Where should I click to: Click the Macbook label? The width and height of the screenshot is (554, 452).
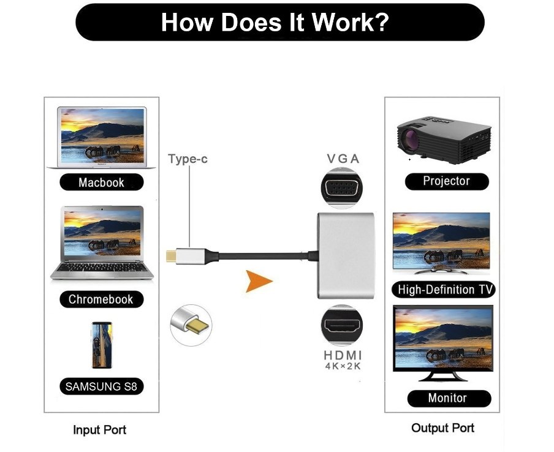click(x=101, y=183)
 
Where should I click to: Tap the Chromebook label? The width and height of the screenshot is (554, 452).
click(x=101, y=299)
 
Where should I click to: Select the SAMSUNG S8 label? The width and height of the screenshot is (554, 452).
click(x=101, y=386)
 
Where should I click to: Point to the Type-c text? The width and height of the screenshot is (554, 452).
click(x=188, y=159)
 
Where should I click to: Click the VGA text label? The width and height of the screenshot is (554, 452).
click(x=343, y=159)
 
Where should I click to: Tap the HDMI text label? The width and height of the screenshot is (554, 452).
click(x=343, y=355)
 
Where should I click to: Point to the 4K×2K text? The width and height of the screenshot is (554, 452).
click(x=343, y=367)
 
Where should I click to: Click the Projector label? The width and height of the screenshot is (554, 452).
click(x=447, y=181)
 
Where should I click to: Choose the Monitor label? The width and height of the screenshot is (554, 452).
click(x=447, y=398)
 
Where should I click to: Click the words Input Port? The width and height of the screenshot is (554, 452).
click(x=100, y=430)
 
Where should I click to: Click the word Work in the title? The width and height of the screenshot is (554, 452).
click(x=349, y=23)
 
